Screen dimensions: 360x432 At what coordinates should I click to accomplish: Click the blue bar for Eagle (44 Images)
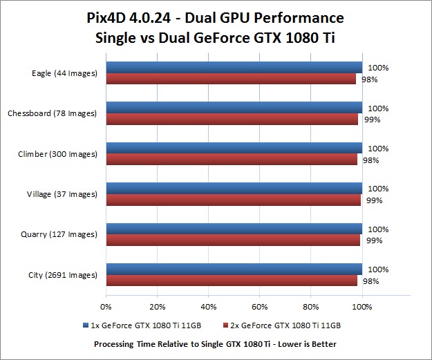pyautogui.click(x=234, y=68)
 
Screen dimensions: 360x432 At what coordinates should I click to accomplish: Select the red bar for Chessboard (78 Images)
pyautogui.click(x=232, y=120)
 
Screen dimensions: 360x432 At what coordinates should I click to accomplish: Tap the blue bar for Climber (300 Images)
pyautogui.click(x=234, y=148)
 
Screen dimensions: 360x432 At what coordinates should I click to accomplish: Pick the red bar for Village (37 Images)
pyautogui.click(x=233, y=200)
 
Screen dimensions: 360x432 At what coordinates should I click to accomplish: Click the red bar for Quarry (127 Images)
pyautogui.click(x=233, y=240)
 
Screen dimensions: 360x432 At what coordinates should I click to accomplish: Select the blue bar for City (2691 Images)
pyautogui.click(x=234, y=269)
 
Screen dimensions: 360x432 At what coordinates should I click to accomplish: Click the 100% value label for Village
pyautogui.click(x=377, y=189)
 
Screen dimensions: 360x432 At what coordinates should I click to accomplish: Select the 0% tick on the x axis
pyautogui.click(x=106, y=306)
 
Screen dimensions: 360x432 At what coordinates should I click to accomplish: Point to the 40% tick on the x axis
pyautogui.click(x=208, y=306)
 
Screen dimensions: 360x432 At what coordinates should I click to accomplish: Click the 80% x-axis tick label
pyautogui.click(x=311, y=306)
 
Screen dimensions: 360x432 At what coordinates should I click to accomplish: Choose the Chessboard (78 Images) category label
pyautogui.click(x=52, y=113)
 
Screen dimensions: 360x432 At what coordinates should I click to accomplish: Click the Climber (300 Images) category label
pyautogui.click(x=57, y=154)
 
